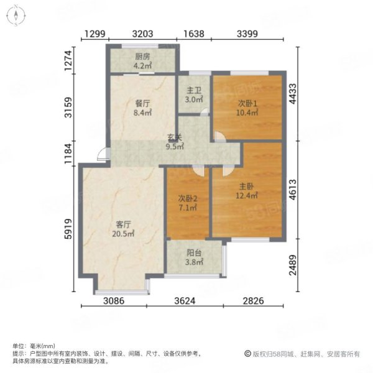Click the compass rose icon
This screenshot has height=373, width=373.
point(16,16)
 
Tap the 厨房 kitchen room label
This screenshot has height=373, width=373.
point(142,57)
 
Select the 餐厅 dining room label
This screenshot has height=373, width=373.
point(142,104)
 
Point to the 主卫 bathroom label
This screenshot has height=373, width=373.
point(194,90)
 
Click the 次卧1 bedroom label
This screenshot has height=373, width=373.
point(247,103)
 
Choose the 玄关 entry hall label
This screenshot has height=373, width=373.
point(175,137)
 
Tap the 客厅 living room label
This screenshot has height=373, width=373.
point(123,224)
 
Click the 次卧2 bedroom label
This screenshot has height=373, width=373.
point(188,198)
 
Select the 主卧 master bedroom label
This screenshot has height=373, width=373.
point(246,186)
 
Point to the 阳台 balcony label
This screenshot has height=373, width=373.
point(194,252)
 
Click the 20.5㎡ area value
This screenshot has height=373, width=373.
point(123,234)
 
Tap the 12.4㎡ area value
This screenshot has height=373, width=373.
point(246,196)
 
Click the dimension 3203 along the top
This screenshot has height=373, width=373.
point(142,34)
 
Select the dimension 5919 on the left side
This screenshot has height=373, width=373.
point(68,229)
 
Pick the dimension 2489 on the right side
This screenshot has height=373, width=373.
point(293,265)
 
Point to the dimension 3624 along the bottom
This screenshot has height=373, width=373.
point(185,301)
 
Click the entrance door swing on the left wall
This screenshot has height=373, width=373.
point(103,154)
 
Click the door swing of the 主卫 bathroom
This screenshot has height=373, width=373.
point(205,113)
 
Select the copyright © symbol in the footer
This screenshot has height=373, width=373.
point(247,354)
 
